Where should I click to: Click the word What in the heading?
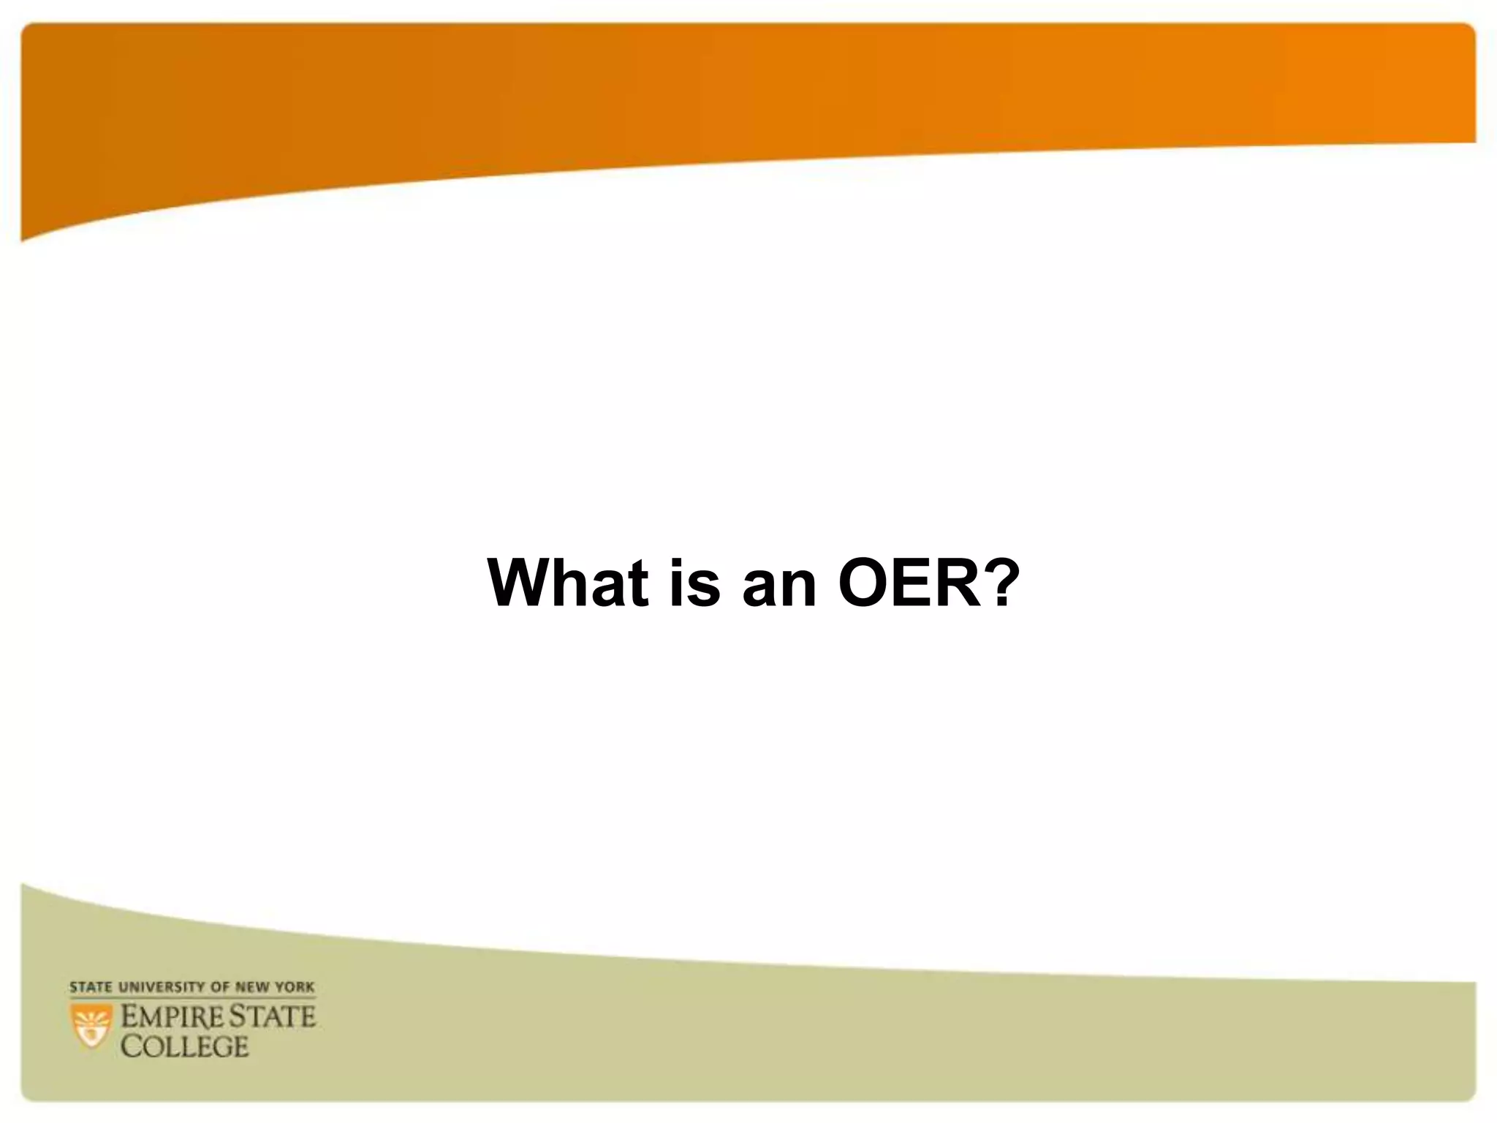pyautogui.click(x=568, y=583)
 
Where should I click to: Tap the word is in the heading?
pyautogui.click(x=694, y=583)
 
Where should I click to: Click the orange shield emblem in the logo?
pyautogui.click(x=91, y=1025)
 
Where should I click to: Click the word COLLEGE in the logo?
pyautogui.click(x=184, y=1046)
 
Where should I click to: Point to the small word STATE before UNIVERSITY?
pyautogui.click(x=91, y=987)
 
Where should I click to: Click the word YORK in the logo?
pyautogui.click(x=295, y=987)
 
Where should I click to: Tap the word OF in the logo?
pyautogui.click(x=220, y=987)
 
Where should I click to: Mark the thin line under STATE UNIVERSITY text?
pyautogui.click(x=193, y=997)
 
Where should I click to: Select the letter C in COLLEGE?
pyautogui.click(x=131, y=1046)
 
